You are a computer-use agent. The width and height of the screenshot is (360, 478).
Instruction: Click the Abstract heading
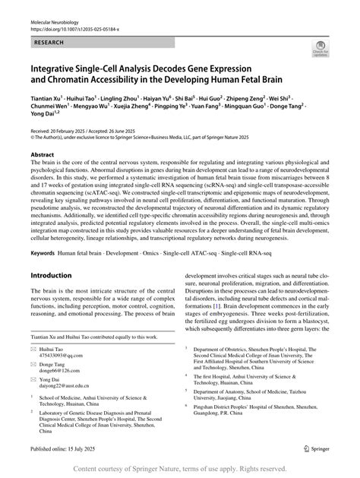(43, 154)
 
